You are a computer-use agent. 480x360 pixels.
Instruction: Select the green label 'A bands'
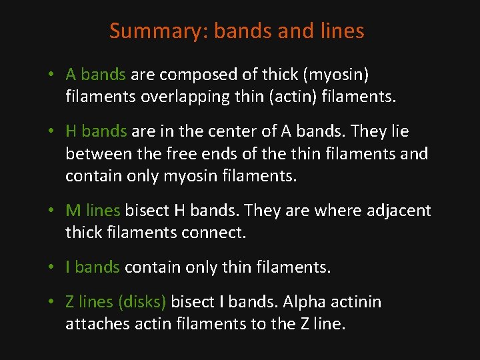(x=95, y=75)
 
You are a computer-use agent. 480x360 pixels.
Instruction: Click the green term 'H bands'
(x=96, y=132)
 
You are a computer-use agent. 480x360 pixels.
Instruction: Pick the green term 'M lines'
(x=93, y=211)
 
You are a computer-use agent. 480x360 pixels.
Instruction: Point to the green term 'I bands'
(x=93, y=267)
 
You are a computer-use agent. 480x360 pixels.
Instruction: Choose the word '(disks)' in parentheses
(x=141, y=302)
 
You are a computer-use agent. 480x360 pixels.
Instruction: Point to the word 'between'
(x=97, y=154)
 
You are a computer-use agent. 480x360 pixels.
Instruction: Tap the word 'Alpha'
(x=304, y=302)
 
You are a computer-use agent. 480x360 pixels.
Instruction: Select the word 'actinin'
(x=355, y=302)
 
